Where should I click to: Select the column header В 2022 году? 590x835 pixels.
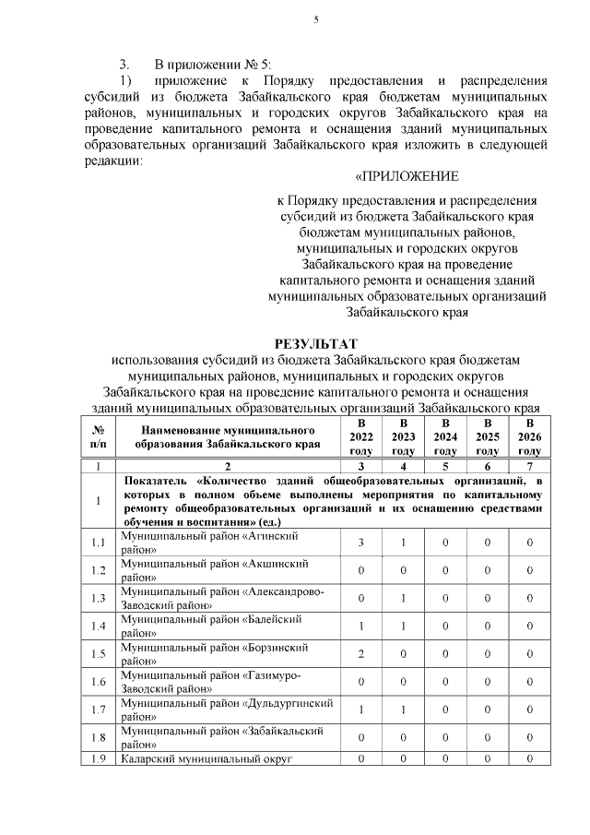[361, 436]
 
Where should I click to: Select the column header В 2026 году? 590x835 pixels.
[529, 436]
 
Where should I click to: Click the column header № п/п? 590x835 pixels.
[98, 436]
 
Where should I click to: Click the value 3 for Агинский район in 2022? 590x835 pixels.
[361, 543]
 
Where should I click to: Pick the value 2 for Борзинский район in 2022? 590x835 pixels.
[361, 653]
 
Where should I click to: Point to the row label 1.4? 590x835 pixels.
[98, 626]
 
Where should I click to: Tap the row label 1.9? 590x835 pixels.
[98, 758]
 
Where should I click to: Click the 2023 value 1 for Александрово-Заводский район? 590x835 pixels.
[403, 598]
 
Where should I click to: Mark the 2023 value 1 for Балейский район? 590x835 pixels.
[403, 626]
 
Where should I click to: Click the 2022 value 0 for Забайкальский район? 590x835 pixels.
[361, 736]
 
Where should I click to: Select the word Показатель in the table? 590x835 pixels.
[157, 481]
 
